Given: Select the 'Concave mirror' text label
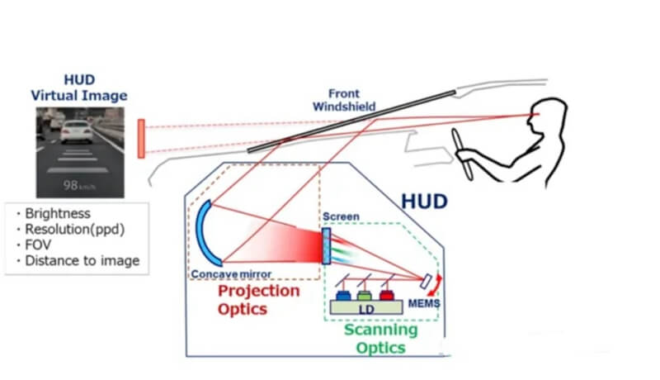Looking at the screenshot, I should point(231,274).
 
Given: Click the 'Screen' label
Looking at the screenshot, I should point(341,216).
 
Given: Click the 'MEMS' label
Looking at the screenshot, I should point(424,303).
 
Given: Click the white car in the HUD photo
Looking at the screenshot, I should point(76,131).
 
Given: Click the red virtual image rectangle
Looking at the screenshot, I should point(141,138).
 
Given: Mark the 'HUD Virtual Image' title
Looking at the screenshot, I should point(79,87).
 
